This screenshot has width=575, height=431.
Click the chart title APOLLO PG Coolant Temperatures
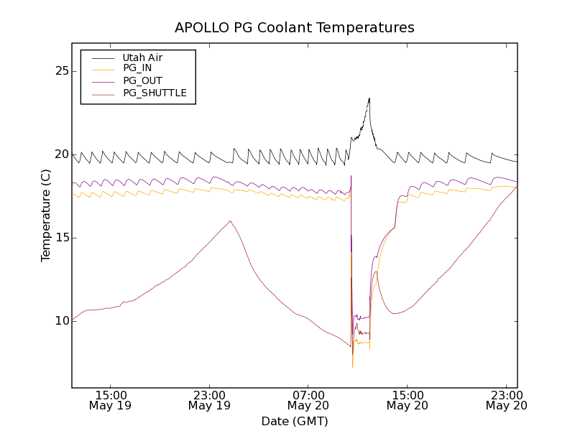pos(295,28)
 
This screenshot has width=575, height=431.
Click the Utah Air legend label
pos(142,57)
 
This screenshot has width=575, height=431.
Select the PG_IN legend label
pos(138,69)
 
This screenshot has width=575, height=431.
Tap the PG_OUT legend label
pos(142,81)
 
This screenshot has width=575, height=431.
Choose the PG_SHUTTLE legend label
pos(155,93)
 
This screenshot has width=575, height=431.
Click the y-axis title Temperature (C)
pos(46,215)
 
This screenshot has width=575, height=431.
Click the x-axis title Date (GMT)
pos(295,421)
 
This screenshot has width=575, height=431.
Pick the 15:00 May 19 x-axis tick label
pos(111,400)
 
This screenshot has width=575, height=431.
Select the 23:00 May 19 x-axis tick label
pos(209,400)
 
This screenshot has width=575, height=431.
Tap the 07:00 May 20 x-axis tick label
pos(308,400)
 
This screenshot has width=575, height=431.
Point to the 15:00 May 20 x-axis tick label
pos(407,400)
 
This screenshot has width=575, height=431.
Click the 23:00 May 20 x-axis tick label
pos(506,400)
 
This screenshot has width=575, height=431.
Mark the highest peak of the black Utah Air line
pos(369,98)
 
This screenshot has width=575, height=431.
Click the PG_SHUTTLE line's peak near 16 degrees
pos(230,221)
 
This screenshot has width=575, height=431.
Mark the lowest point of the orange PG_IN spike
pos(352,367)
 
